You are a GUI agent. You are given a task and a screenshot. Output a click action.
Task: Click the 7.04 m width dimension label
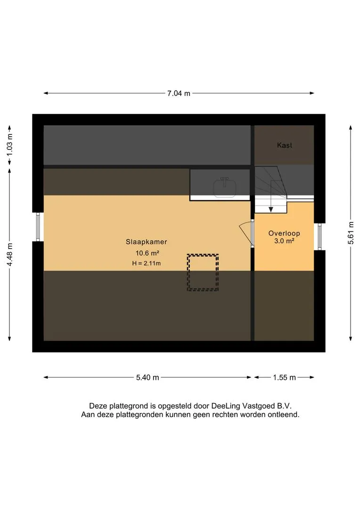[x=179, y=93]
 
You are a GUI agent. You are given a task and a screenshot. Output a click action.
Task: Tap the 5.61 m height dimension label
[x=351, y=233]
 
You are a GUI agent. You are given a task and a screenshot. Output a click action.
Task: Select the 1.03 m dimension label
[x=10, y=145]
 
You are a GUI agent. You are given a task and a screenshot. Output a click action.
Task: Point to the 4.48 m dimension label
[x=10, y=254]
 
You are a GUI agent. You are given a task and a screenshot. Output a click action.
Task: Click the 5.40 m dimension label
[x=147, y=378]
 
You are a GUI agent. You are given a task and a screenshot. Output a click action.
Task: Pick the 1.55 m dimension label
[x=284, y=378]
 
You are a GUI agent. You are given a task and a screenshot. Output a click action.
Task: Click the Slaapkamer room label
[x=147, y=242]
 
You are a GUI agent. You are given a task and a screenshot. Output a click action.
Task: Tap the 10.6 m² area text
[x=147, y=253]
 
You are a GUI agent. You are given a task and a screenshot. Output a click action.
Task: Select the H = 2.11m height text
[x=147, y=263]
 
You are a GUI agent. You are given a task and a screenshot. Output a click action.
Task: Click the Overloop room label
[x=284, y=233]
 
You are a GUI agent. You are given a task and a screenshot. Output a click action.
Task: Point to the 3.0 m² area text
[x=284, y=241]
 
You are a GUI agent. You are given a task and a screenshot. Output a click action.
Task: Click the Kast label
[x=284, y=145]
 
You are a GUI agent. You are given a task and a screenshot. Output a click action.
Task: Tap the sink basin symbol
[x=225, y=188]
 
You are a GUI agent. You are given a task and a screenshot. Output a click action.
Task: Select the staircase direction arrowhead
[x=271, y=209]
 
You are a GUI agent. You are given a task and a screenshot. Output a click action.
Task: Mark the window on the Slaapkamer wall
[x=38, y=227]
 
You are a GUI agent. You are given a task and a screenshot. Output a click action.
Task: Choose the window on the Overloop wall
[x=319, y=236]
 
